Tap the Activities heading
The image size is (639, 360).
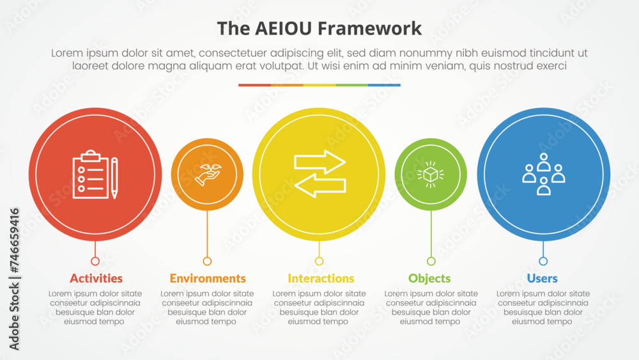(96, 278)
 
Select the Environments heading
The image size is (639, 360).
(208, 278)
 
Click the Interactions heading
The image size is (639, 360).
(321, 278)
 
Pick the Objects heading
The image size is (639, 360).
(429, 278)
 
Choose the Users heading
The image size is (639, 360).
(542, 278)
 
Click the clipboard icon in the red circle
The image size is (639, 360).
(91, 175)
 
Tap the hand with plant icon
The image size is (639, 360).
(208, 175)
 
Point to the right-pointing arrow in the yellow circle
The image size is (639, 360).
(320, 162)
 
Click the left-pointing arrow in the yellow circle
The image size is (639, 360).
(320, 185)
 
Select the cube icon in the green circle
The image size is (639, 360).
(431, 175)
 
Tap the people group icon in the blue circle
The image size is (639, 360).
(544, 174)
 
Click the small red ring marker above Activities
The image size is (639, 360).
(95, 262)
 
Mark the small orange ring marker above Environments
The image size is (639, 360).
(207, 262)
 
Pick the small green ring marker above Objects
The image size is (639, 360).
(431, 262)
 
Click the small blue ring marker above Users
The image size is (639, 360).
(543, 262)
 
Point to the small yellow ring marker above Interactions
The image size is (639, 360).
(319, 262)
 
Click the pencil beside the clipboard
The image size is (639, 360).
(114, 178)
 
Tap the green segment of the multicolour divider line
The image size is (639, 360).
(351, 85)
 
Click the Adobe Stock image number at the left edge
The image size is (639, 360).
(14, 240)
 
